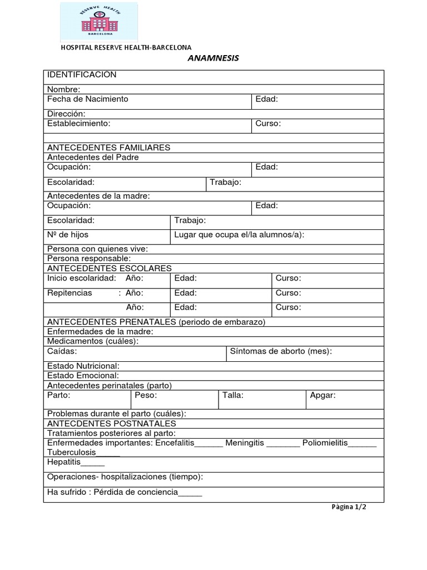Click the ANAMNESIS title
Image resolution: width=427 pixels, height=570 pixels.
click(213, 58)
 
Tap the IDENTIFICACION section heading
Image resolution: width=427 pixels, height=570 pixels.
click(82, 75)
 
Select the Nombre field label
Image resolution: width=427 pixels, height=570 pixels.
click(63, 90)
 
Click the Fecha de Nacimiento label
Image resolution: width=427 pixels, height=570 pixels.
click(88, 99)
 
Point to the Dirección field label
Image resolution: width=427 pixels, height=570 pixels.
click(66, 114)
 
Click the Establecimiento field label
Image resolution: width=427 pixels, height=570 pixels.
click(79, 124)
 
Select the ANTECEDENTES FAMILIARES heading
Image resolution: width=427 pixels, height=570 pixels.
click(109, 148)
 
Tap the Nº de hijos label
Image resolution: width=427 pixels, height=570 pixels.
click(68, 235)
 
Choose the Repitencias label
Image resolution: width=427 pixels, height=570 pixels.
click(69, 293)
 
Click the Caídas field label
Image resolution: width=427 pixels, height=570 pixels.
click(62, 351)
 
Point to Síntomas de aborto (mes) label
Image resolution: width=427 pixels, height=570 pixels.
click(281, 351)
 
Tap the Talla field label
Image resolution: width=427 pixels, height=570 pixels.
click(233, 395)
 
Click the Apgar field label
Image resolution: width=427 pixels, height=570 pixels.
click(322, 395)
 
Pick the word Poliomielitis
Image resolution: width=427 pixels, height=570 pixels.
click(325, 443)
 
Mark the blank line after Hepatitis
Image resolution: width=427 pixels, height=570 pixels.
click(93, 463)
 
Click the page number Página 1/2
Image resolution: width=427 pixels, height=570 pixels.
click(349, 507)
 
